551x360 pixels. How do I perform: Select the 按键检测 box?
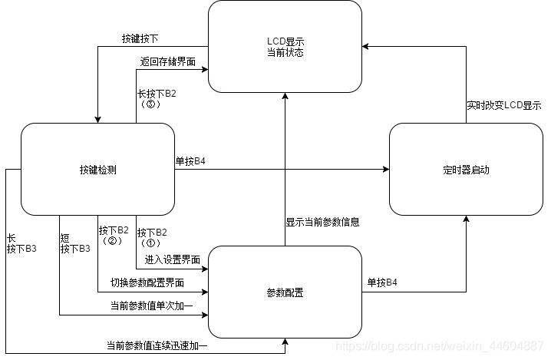(97, 169)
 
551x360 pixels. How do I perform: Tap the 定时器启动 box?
(466, 169)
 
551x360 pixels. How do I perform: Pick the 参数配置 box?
(285, 292)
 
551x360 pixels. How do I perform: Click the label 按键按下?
(140, 38)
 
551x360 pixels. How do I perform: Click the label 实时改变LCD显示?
(503, 104)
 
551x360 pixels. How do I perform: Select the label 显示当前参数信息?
(323, 222)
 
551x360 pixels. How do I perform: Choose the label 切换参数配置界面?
(147, 282)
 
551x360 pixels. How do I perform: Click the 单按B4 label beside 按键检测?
(190, 161)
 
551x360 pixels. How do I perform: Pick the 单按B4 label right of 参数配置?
(381, 282)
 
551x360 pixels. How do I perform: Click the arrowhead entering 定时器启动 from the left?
(385, 169)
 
